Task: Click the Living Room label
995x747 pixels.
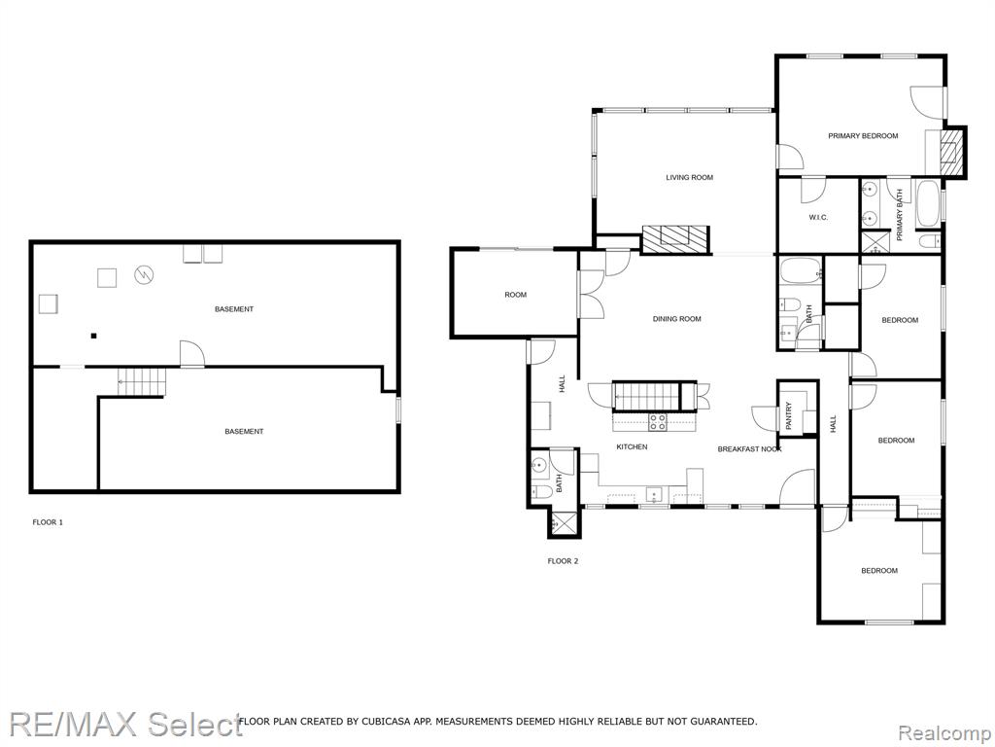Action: pos(689,177)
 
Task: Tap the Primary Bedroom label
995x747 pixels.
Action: pos(863,136)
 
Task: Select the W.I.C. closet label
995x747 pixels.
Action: pos(818,217)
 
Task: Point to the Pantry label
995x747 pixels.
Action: pos(789,416)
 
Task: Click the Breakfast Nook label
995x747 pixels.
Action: pos(749,449)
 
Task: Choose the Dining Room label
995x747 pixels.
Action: pos(677,319)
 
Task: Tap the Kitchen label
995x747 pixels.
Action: pos(632,447)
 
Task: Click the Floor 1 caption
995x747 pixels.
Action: pos(48,522)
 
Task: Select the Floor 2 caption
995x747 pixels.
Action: pos(563,561)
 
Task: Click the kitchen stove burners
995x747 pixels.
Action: pos(658,422)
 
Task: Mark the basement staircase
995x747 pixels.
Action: pos(142,381)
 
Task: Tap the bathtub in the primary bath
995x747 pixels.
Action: pos(928,204)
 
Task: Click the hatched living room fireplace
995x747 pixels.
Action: pos(674,239)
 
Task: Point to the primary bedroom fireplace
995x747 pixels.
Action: pos(952,151)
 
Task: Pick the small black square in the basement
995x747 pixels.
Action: pos(93,336)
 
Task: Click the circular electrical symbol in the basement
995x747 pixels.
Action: pos(144,274)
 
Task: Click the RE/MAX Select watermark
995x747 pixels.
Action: pos(126,724)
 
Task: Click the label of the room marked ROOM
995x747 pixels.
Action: pos(516,295)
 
